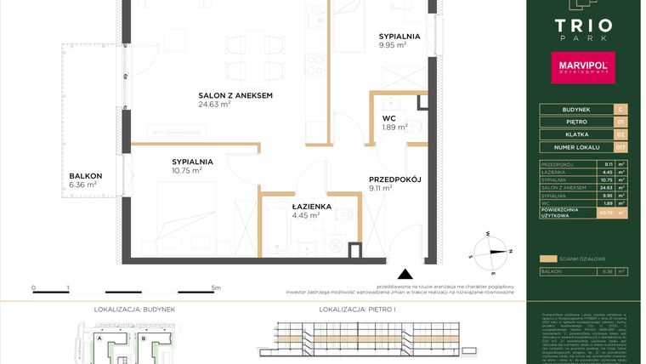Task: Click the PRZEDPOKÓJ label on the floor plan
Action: (395, 179)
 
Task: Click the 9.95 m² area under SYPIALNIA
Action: (393, 45)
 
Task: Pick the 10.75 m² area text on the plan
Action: (186, 170)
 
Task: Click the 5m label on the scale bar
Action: (218, 288)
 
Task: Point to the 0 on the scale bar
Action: (34, 288)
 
